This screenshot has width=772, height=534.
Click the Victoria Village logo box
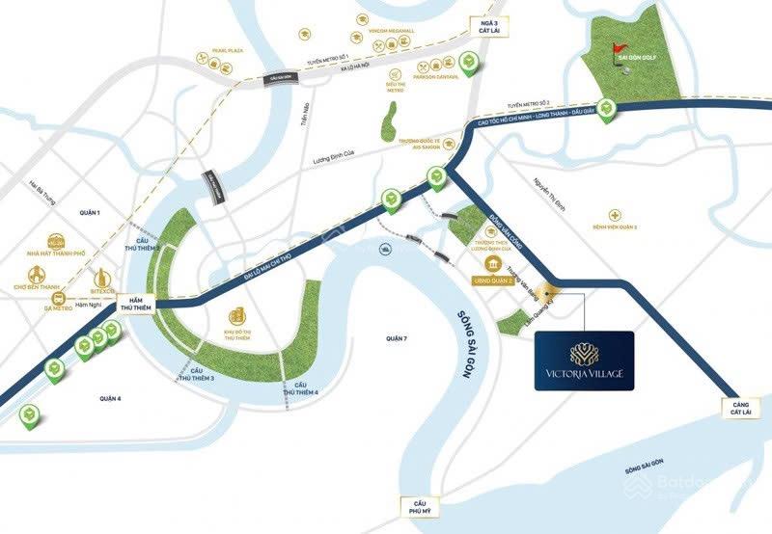[585, 360]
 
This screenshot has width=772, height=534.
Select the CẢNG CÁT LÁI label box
[739, 407]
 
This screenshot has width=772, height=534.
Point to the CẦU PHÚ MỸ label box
[419, 509]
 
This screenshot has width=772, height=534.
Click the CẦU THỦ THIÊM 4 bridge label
[301, 389]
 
